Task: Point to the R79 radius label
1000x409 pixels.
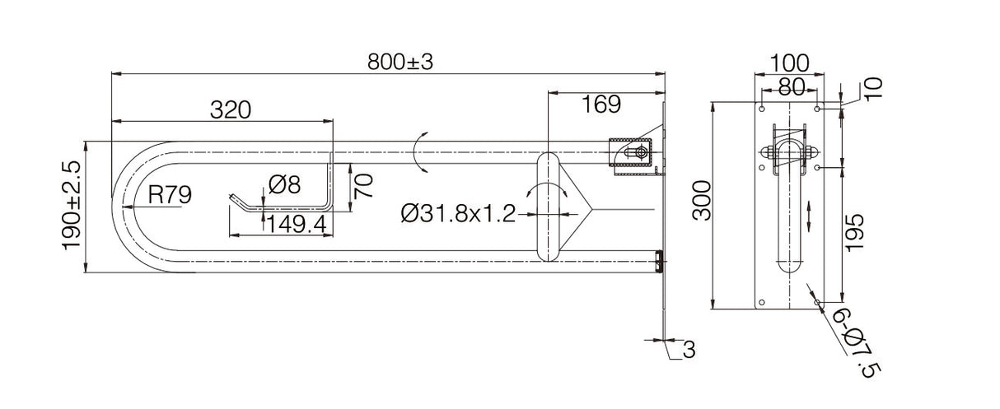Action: [x=170, y=195]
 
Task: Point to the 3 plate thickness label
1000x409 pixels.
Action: [x=689, y=350]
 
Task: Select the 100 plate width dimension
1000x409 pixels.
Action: [x=789, y=63]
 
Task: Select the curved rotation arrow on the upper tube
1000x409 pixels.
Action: [x=421, y=152]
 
